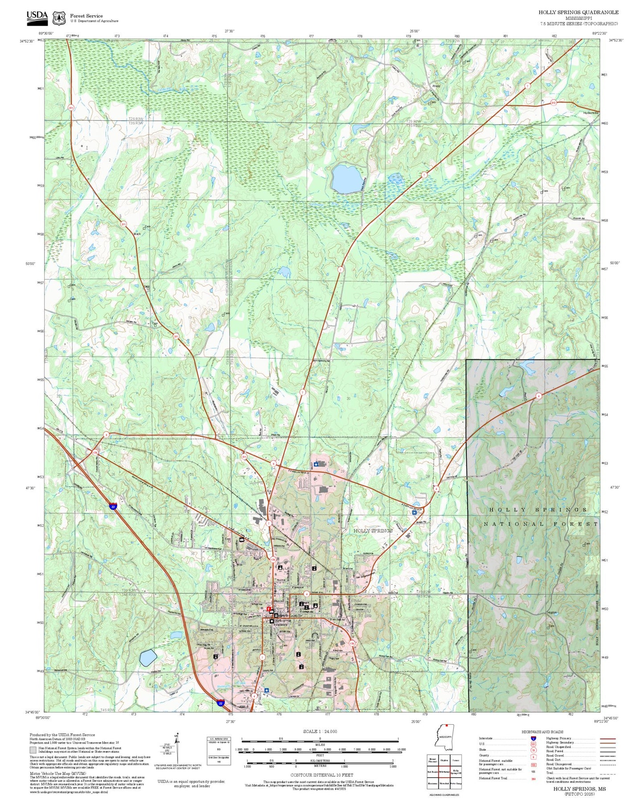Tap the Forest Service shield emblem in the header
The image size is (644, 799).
[x=59, y=18]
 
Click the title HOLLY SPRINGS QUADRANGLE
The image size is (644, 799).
[x=578, y=12]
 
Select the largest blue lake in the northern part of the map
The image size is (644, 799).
[x=347, y=178]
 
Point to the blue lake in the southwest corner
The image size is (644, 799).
[x=148, y=657]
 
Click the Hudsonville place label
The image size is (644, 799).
[x=591, y=113]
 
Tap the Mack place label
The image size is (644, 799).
[x=137, y=234]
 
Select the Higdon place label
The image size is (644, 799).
[x=552, y=613]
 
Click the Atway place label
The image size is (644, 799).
[x=436, y=86]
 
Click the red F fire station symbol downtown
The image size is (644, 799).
[x=269, y=609]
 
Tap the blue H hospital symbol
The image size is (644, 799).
[x=414, y=513]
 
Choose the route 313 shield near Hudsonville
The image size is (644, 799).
[x=553, y=102]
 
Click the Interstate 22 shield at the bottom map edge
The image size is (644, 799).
[x=221, y=703]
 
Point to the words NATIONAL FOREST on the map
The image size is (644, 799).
[x=541, y=524]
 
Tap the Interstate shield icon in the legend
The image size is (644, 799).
[x=533, y=738]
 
